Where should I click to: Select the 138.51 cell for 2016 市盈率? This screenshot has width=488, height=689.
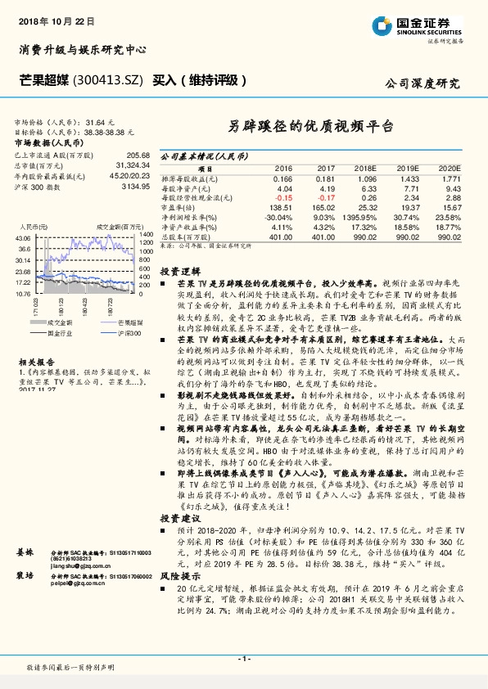click(x=280, y=207)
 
